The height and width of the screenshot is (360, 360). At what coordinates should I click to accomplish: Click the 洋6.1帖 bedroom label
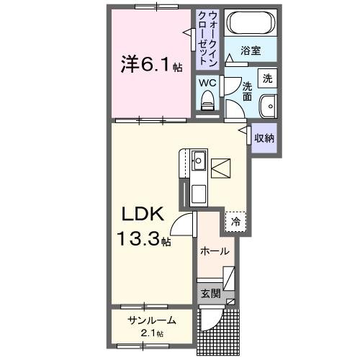click(150, 66)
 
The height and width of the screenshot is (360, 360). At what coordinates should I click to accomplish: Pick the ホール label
click(215, 252)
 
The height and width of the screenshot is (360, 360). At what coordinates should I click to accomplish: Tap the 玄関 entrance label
click(210, 294)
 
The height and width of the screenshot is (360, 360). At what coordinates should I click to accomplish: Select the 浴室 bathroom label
click(250, 50)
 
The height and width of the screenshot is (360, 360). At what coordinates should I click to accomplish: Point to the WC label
click(207, 83)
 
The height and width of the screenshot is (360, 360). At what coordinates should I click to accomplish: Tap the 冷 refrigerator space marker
click(235, 222)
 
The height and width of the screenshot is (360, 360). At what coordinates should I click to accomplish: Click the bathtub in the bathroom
click(249, 24)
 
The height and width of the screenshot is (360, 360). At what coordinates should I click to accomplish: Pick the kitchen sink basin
click(199, 160)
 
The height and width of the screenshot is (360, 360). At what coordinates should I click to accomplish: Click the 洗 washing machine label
click(267, 77)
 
